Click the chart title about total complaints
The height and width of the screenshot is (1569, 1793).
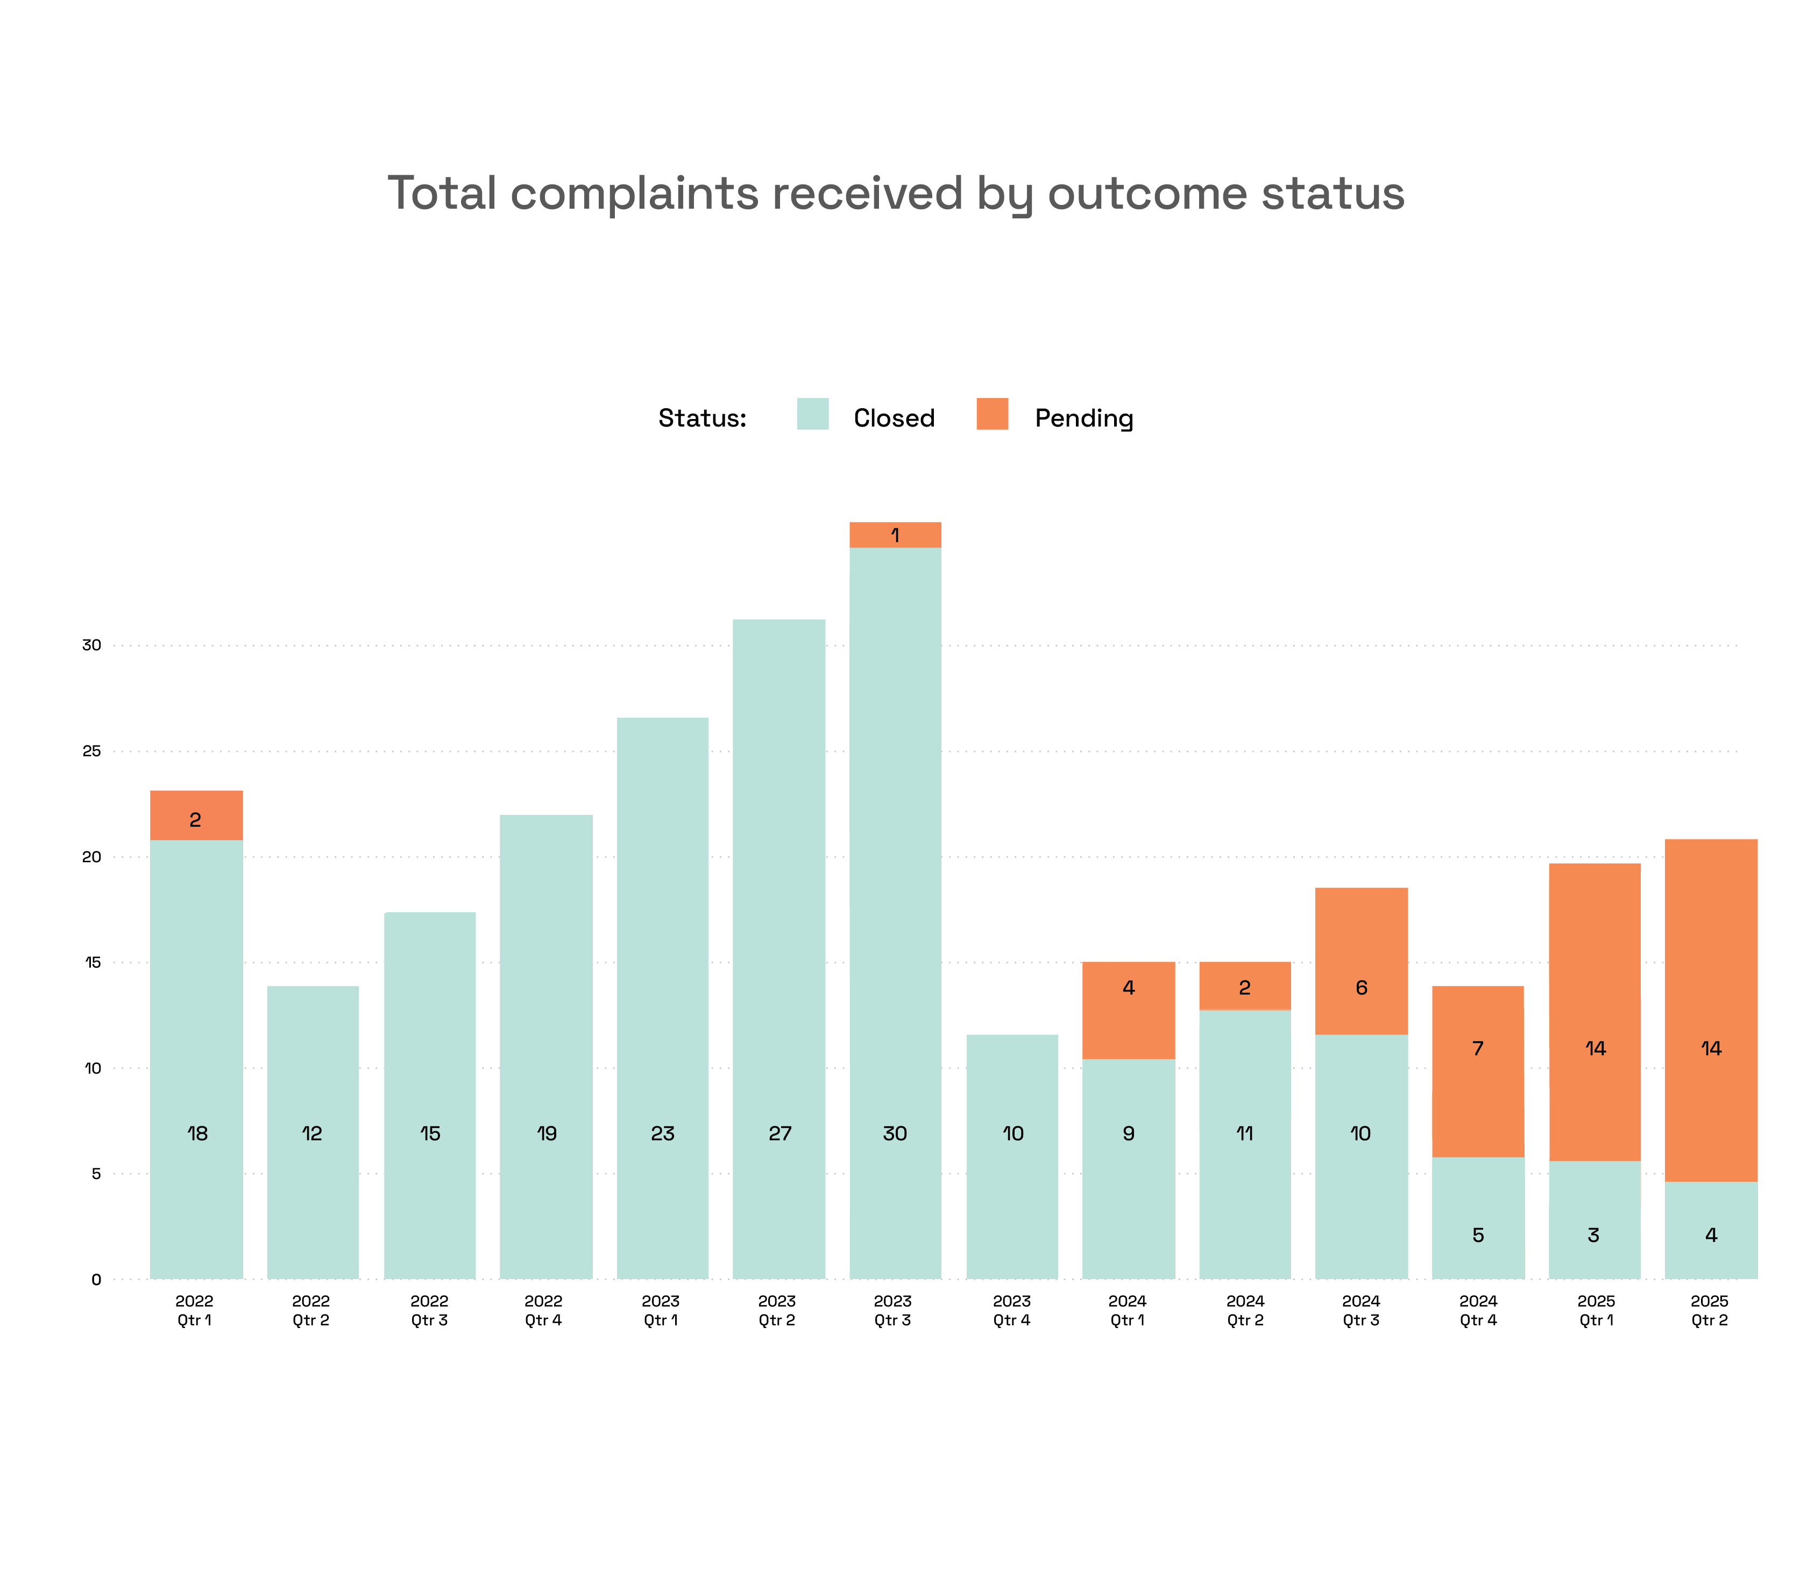point(896,194)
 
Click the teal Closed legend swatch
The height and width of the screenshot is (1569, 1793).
point(812,414)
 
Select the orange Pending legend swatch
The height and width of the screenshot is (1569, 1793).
point(992,414)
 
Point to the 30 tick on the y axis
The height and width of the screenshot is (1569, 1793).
point(92,645)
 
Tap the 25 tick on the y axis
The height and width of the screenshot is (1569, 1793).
point(92,751)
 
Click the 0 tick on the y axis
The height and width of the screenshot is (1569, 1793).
point(96,1279)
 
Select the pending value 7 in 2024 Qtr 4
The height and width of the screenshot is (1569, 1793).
point(1478,1048)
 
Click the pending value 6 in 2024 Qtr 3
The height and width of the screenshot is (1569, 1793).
point(1362,988)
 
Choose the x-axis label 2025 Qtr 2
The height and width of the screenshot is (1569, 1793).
point(1710,1310)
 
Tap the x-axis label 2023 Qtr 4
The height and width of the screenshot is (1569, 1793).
point(1012,1310)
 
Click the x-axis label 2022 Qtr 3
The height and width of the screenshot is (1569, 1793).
point(429,1310)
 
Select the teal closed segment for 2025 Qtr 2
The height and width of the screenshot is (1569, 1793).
point(1711,1230)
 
